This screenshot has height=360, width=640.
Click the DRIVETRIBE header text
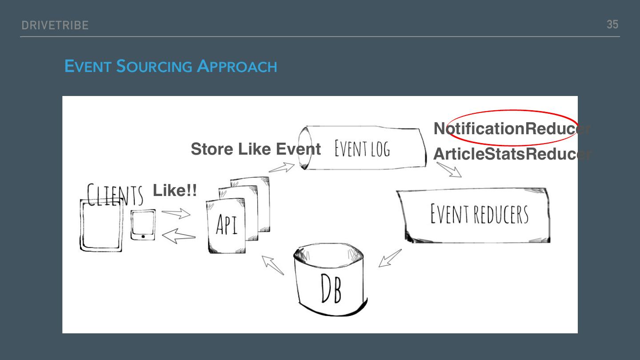(x=55, y=25)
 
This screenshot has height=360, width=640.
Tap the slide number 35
(x=612, y=24)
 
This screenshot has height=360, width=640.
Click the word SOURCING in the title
(x=154, y=67)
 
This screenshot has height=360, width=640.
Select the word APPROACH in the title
(x=237, y=67)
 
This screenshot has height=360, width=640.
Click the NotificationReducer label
(x=511, y=128)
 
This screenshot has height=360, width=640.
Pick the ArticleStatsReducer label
(x=511, y=154)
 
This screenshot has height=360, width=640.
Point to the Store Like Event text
(x=256, y=149)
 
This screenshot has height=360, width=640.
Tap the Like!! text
(x=175, y=191)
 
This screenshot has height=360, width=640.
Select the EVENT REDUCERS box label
(x=479, y=214)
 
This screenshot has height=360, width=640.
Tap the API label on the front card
(x=227, y=224)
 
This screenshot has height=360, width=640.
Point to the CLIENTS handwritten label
(x=115, y=196)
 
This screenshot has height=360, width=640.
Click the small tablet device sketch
(x=143, y=225)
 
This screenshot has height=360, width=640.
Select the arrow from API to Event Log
(x=282, y=168)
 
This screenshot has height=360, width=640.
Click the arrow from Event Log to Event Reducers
(x=449, y=170)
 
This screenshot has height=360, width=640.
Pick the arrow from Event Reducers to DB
(x=390, y=258)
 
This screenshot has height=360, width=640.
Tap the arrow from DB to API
(x=272, y=265)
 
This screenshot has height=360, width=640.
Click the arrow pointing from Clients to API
(x=176, y=213)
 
